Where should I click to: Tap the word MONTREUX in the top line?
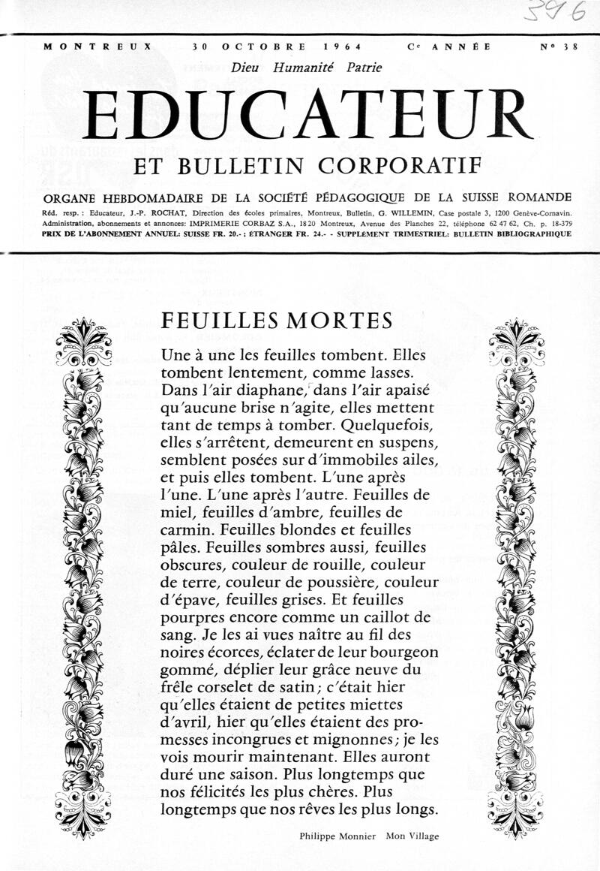pos(97,47)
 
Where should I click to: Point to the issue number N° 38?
pos(559,47)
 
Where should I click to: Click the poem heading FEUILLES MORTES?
pos(277,321)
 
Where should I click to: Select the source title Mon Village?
pos(412,836)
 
